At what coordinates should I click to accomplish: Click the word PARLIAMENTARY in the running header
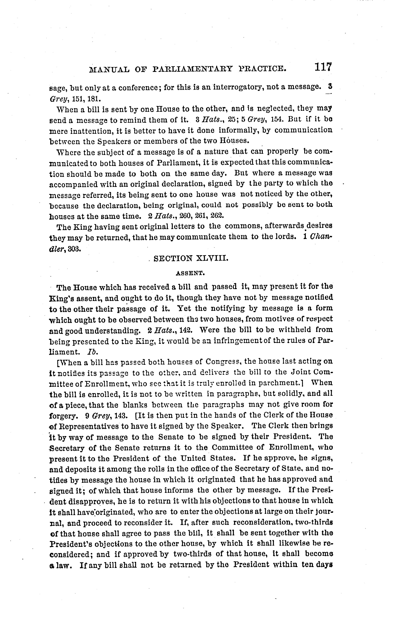[193, 69]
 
